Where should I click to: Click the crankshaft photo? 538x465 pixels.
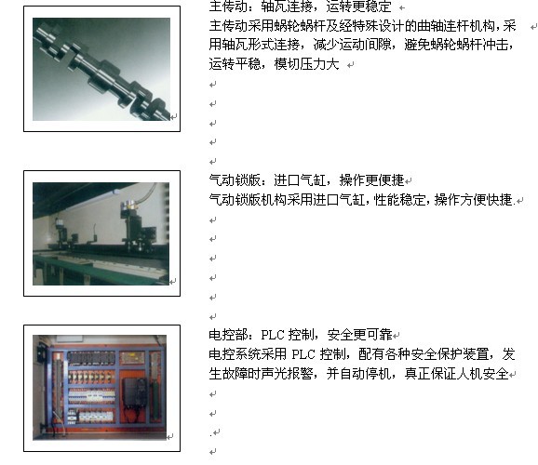pyautogui.click(x=101, y=69)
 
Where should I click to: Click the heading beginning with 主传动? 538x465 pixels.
pyautogui.click(x=301, y=7)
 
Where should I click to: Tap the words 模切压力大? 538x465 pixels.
pyautogui.click(x=307, y=64)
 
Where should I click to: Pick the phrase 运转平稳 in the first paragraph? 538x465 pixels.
pyautogui.click(x=235, y=64)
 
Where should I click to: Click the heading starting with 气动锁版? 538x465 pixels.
pyautogui.click(x=306, y=180)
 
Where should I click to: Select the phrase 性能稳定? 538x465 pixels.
pyautogui.click(x=399, y=199)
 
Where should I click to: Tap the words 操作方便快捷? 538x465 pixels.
pyautogui.click(x=473, y=199)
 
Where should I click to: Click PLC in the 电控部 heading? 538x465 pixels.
pyautogui.click(x=273, y=335)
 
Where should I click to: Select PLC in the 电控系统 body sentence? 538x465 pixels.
pyautogui.click(x=303, y=354)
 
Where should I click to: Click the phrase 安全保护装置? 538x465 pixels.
pyautogui.click(x=450, y=354)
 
